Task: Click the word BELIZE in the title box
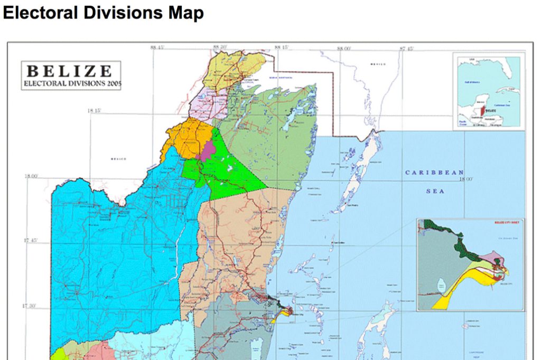tap(70, 71)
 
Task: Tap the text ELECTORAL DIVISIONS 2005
tap(71, 83)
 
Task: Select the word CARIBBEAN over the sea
tap(435, 173)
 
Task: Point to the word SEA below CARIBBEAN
tap(435, 191)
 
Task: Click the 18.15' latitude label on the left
tap(95, 111)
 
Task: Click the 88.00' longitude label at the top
tap(344, 48)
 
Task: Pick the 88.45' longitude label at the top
tap(157, 48)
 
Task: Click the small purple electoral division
tap(207, 150)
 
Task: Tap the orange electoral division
tap(182, 137)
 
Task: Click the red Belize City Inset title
tap(507, 223)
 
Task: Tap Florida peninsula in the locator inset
tap(508, 68)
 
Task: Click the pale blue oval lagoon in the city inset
tap(441, 286)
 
